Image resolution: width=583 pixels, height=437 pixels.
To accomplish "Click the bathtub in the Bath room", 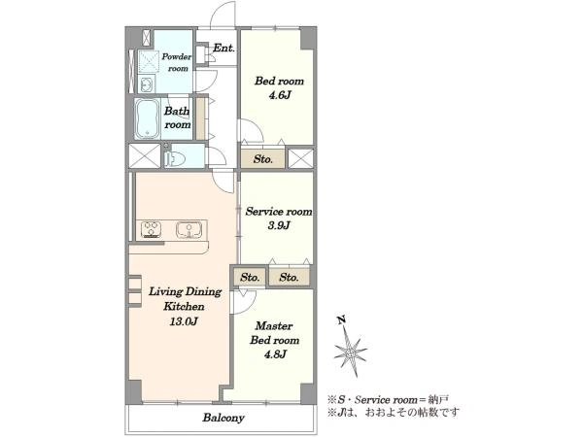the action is (147, 118).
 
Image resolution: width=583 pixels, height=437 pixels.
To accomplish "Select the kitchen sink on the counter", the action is (189, 229).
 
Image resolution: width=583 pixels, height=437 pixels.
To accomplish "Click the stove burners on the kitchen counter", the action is (152, 229).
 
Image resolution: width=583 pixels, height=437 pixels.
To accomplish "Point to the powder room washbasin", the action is (147, 84).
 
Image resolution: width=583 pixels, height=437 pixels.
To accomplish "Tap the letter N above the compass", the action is (341, 319).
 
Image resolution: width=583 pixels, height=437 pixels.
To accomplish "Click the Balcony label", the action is (223, 418).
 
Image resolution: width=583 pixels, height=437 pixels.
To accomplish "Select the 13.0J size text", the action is (184, 321).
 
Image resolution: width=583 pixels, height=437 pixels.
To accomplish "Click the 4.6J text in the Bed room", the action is (279, 95).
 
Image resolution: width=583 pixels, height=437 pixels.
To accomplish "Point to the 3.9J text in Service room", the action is (279, 225).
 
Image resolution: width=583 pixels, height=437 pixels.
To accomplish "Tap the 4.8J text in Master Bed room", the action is (275, 354).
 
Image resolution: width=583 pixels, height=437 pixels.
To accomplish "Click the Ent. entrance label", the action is (223, 48).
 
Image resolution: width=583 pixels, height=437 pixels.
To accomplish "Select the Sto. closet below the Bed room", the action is (263, 158).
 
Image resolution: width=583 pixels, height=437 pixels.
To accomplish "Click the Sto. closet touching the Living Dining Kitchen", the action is (250, 277).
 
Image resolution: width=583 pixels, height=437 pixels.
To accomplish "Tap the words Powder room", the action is (177, 62).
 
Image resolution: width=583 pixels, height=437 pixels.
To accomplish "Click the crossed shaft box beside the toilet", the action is (145, 156).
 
